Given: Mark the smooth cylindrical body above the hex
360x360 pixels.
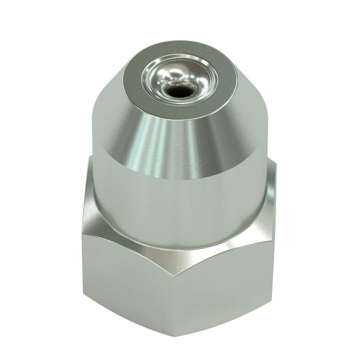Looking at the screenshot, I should pyautogui.click(x=180, y=206).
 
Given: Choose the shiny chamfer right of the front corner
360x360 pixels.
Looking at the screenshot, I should pyautogui.click(x=226, y=247).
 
